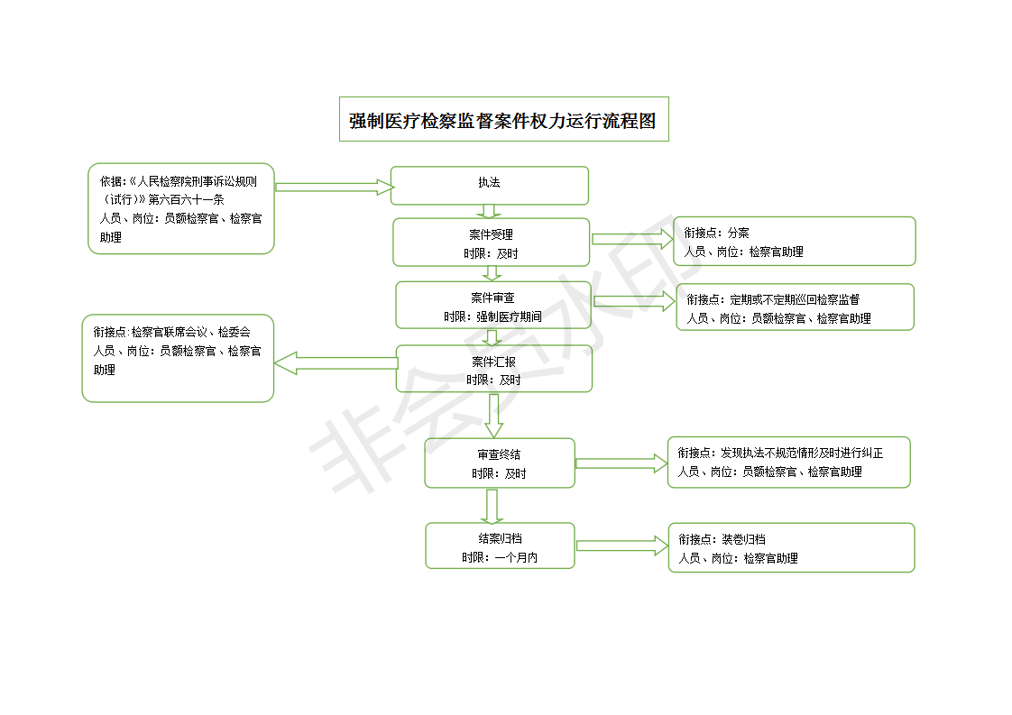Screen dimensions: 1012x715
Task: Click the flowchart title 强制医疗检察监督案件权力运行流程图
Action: [x=503, y=121]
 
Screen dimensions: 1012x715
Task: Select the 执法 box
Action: [x=490, y=186]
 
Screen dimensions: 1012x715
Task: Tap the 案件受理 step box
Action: [x=492, y=242]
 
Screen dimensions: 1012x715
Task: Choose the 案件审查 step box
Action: [x=493, y=306]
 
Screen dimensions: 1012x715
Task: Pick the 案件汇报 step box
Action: [x=493, y=369]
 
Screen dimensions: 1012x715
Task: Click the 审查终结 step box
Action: [x=500, y=463]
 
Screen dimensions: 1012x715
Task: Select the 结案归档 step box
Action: [x=501, y=545]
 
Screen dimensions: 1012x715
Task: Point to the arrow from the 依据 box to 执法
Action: [x=335, y=188]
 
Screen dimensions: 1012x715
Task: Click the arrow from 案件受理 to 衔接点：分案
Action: [x=632, y=239]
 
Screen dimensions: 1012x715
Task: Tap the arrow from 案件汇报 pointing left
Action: [x=336, y=363]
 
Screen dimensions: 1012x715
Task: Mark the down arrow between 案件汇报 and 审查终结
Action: [x=493, y=416]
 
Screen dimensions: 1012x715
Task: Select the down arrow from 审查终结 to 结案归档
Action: [x=492, y=506]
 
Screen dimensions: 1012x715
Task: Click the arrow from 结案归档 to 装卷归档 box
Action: [x=622, y=545]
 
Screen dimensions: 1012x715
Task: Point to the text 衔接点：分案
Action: [x=716, y=233]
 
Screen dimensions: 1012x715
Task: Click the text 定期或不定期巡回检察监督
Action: [x=795, y=299]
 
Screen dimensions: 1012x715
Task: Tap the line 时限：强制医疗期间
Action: [x=492, y=316]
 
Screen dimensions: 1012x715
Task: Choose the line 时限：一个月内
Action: [x=500, y=557]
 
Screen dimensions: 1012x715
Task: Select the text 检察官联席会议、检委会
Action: [x=190, y=333]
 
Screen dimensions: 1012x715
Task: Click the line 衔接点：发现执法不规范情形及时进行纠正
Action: [x=780, y=453]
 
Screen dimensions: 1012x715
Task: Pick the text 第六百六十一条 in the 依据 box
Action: [x=186, y=200]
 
